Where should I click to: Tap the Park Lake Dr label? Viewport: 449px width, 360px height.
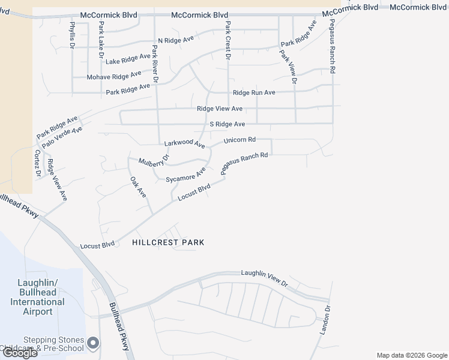[x=101, y=39]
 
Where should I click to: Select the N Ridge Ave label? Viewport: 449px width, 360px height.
[x=176, y=40]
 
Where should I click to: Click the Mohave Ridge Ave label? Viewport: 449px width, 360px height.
[x=114, y=76]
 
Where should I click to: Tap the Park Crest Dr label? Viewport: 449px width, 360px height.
[x=228, y=41]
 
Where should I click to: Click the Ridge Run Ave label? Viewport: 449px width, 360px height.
[x=254, y=92]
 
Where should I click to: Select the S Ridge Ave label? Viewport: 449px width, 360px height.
[x=227, y=124]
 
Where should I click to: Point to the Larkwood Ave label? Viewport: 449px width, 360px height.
[x=184, y=145]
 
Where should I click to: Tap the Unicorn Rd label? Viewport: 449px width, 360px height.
[x=240, y=140]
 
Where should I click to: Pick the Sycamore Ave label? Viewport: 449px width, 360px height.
[x=185, y=175]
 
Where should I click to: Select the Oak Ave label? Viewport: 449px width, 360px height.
[x=137, y=187]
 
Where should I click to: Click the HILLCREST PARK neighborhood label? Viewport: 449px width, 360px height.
[x=168, y=242]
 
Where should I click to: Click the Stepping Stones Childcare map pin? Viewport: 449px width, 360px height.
[x=92, y=343]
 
